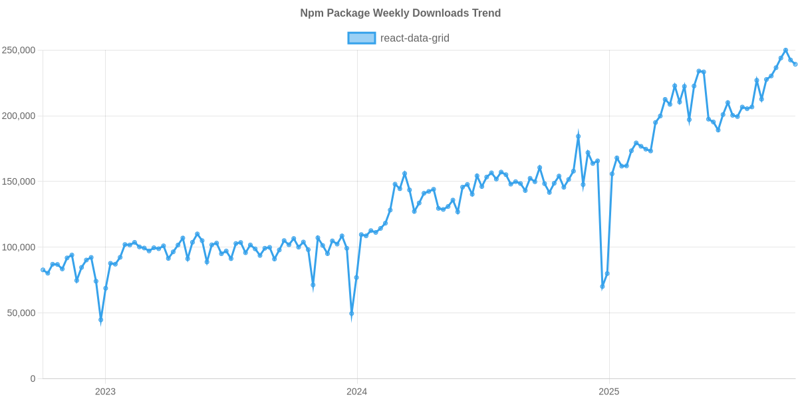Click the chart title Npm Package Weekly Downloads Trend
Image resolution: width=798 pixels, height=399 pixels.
pyautogui.click(x=400, y=13)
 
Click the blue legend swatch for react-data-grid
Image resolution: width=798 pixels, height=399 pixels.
pyautogui.click(x=362, y=39)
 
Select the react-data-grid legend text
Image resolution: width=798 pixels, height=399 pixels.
pyautogui.click(x=414, y=39)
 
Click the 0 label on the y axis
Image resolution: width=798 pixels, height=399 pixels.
pyautogui.click(x=33, y=378)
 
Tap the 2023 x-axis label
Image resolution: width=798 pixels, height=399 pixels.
pyautogui.click(x=105, y=391)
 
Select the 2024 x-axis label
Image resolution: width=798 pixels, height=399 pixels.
pyautogui.click(x=357, y=391)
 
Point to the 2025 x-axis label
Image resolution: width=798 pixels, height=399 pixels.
pyautogui.click(x=608, y=391)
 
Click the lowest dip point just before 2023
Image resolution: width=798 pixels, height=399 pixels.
pyautogui.click(x=101, y=321)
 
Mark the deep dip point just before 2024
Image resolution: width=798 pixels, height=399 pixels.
pyautogui.click(x=352, y=314)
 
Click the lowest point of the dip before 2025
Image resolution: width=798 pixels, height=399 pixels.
pyautogui.click(x=602, y=287)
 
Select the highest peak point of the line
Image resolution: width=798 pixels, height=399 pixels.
pyautogui.click(x=785, y=50)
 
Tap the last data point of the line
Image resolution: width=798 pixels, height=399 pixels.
pyautogui.click(x=795, y=64)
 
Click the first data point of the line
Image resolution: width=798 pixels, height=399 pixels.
pyautogui.click(x=43, y=269)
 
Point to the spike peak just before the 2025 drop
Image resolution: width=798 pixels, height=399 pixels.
pyautogui.click(x=579, y=136)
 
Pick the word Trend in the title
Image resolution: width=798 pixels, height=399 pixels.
pyautogui.click(x=488, y=13)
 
